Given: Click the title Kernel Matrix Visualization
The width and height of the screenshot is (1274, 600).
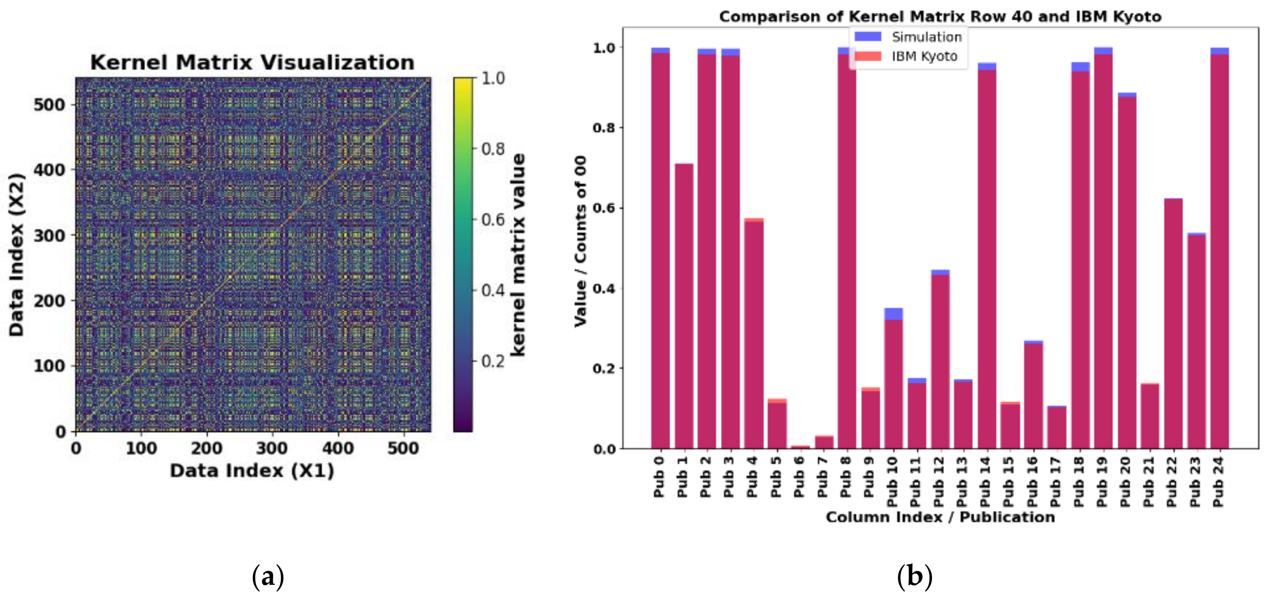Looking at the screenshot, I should click(x=252, y=63).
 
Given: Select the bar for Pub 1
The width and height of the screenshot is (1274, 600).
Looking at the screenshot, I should click(x=684, y=307).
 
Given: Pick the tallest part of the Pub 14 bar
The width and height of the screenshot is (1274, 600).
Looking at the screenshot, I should click(x=987, y=66).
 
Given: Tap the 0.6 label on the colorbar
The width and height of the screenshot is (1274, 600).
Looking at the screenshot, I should click(x=493, y=220).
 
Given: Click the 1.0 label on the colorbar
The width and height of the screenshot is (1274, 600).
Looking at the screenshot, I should click(x=493, y=78).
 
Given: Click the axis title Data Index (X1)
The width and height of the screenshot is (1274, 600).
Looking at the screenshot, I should click(x=252, y=470).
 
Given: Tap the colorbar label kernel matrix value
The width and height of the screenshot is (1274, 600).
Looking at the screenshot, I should click(x=518, y=255).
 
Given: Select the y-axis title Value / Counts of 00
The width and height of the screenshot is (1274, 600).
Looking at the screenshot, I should click(x=580, y=241).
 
